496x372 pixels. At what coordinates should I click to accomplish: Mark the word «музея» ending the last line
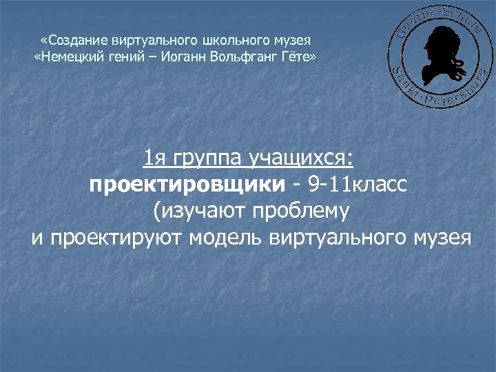pyautogui.click(x=441, y=238)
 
